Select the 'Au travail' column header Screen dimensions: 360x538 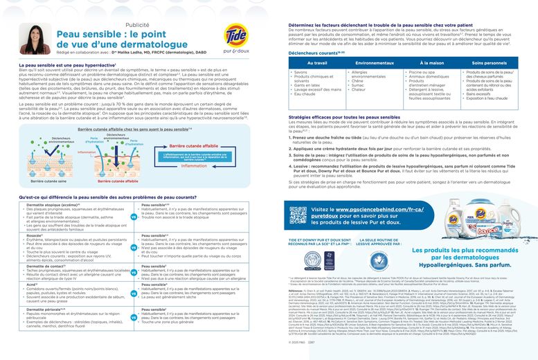[x=316, y=62]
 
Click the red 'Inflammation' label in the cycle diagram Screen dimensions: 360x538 [x=194, y=166]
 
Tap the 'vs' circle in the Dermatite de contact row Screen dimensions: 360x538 [x=133, y=273]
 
